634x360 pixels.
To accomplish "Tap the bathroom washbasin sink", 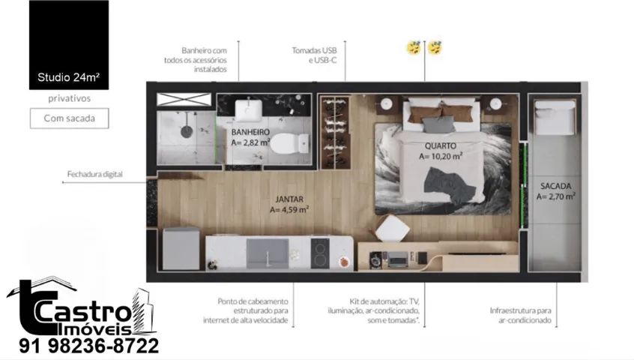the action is [x=249, y=109].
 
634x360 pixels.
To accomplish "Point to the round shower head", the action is [x=187, y=131].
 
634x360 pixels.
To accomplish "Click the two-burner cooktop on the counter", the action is [x=320, y=253].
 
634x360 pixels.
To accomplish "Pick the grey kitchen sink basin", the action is [x=268, y=253].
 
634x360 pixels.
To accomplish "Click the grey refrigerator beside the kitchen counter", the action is [x=181, y=249].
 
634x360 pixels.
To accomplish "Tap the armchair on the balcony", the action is [x=555, y=117].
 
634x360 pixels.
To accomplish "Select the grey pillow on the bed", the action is [x=438, y=124].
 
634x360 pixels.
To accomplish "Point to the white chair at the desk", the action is [x=391, y=229].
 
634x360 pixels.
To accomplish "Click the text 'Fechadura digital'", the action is [x=95, y=174].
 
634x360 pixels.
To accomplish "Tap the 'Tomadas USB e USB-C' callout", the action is [x=314, y=55].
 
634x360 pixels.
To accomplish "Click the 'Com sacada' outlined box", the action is [x=70, y=118].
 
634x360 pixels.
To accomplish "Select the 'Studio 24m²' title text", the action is [x=69, y=77].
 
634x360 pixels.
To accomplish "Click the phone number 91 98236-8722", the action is [x=89, y=346].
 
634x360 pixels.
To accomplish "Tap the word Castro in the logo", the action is [x=84, y=312].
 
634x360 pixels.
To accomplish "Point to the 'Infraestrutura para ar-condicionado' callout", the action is [x=520, y=316].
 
